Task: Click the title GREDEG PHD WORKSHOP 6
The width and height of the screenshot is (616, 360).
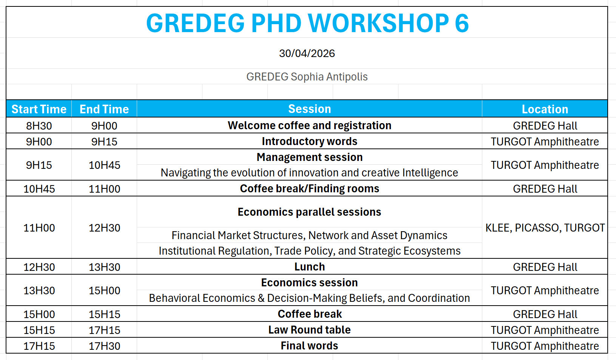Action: coord(307,23)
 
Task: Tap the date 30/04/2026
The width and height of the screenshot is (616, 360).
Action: coord(307,53)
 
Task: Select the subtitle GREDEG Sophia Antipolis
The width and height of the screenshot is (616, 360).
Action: coord(307,77)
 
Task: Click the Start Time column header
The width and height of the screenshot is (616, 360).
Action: coord(39,109)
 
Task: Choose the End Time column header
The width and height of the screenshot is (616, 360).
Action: coord(104,109)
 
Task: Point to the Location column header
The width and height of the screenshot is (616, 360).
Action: coord(545,109)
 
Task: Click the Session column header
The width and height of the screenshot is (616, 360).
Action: coord(309,109)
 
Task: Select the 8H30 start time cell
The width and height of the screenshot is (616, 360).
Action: coord(39,126)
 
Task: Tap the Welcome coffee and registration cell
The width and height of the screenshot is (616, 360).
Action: coord(309,125)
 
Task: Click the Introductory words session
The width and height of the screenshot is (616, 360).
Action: coord(309,141)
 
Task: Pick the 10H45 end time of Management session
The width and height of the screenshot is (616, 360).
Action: coord(104,165)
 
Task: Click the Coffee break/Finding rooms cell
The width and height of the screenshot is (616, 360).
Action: coord(309,188)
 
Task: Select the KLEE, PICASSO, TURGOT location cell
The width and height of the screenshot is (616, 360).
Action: coord(545,228)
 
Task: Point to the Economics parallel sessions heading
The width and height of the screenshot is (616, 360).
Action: coord(309,212)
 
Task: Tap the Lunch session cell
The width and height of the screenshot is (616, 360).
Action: coord(309,267)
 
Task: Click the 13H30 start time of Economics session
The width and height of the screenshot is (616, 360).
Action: coord(39,290)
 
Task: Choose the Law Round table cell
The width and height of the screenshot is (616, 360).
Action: coord(309,330)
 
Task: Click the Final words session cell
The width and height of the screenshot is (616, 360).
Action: coord(309,346)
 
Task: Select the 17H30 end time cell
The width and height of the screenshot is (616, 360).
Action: coord(104,346)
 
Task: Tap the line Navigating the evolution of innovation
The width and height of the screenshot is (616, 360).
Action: coord(309,173)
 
